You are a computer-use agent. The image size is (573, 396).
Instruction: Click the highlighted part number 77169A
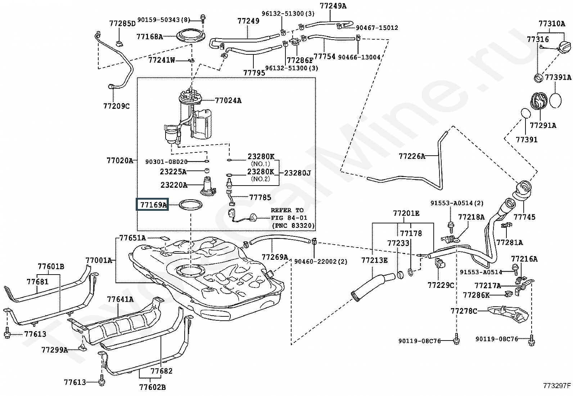coord(153,205)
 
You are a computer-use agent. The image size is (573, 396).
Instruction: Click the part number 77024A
coord(228,101)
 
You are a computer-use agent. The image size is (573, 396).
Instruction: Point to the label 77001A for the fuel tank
coord(99,261)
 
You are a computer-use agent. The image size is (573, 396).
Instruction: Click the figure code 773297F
coord(557,386)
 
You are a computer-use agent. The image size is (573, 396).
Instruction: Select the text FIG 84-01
coord(289,218)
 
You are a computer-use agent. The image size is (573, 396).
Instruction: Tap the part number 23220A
coord(174,185)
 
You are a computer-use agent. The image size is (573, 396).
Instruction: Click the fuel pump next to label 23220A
coord(209,186)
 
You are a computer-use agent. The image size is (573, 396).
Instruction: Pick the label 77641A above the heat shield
coord(120,299)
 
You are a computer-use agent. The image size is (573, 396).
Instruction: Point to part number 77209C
coord(116,106)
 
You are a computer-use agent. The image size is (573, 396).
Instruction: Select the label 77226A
coord(412,156)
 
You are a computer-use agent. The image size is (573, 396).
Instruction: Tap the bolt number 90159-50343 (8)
coord(164,20)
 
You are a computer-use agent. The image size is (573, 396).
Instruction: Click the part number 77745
coord(524,217)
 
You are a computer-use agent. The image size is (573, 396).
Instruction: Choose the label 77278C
coord(464,311)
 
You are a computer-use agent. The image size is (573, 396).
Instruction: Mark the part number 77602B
coord(153,387)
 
